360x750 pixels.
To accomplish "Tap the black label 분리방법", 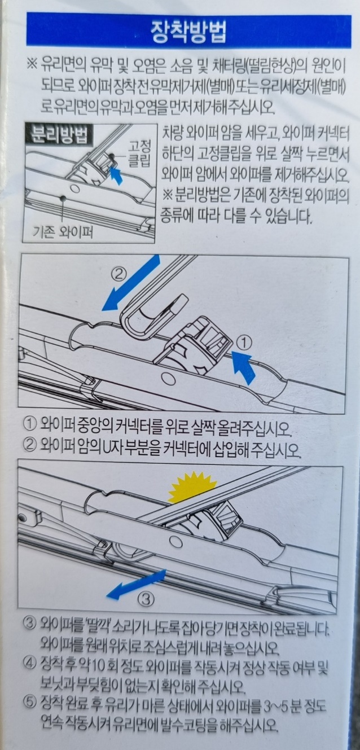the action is pos(59,135).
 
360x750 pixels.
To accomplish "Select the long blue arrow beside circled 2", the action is pos(131,283).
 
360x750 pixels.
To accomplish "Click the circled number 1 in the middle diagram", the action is pos(244,342).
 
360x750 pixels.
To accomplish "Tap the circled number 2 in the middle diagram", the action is pos(118,275).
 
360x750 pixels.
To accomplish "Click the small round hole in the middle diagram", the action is pos(166,379).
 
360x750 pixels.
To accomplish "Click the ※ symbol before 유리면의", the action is pos(32,64).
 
